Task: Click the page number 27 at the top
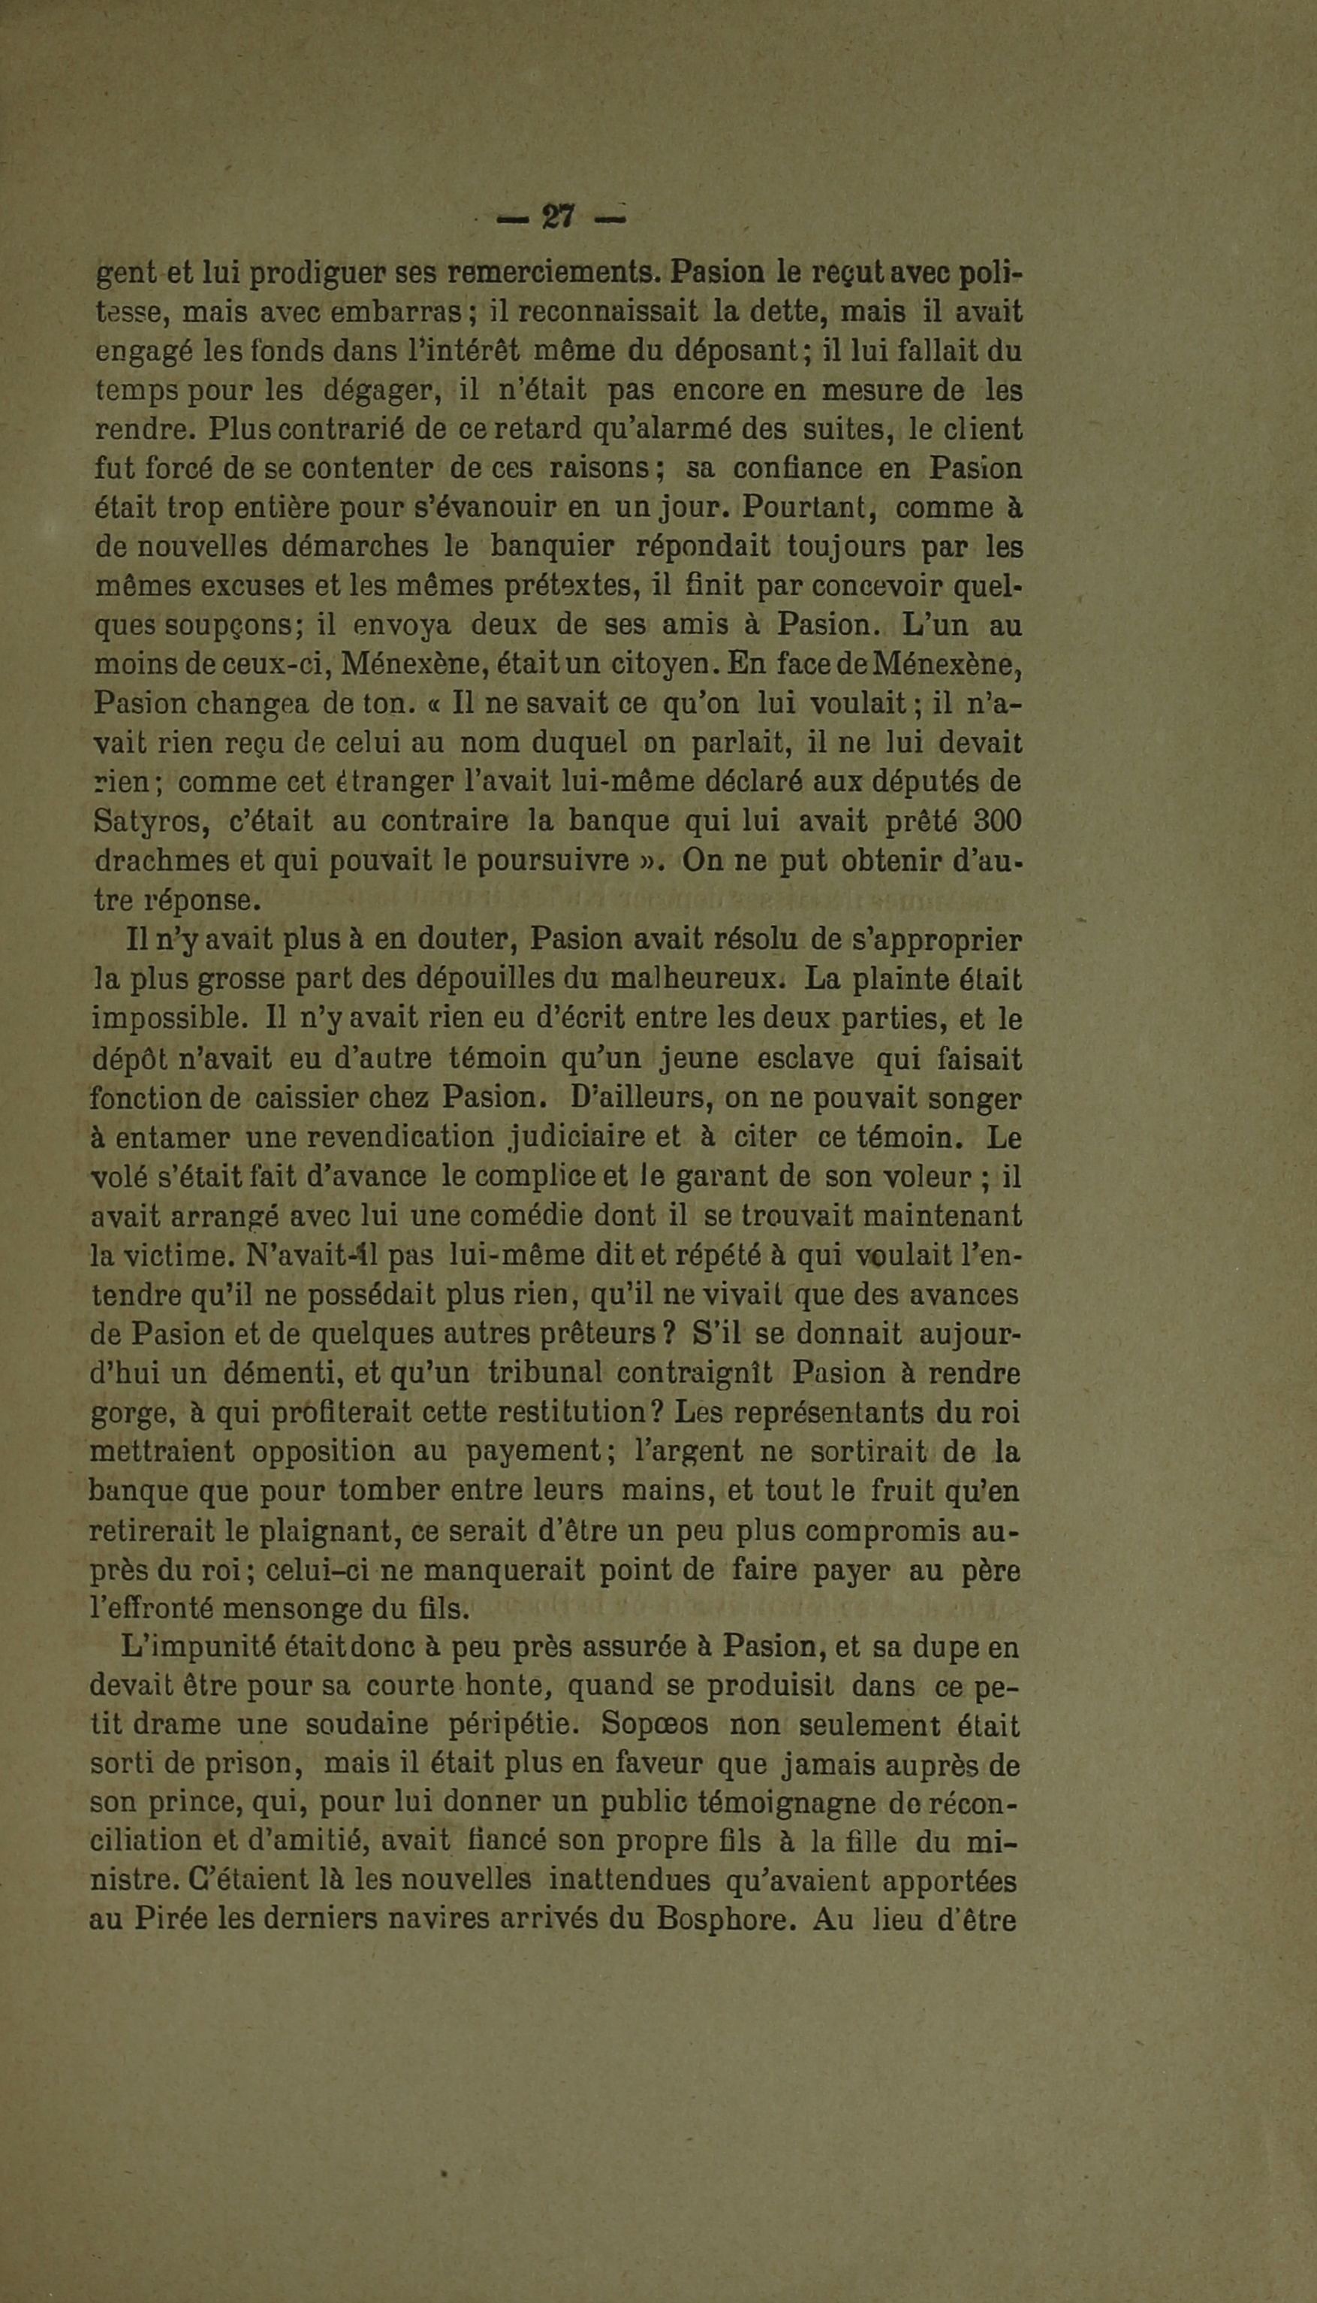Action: click(559, 218)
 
